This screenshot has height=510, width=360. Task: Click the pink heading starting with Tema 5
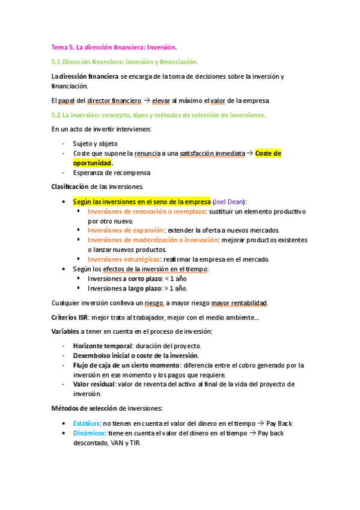coord(114,47)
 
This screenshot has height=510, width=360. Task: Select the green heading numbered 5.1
coord(124,62)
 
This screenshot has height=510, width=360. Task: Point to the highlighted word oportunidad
coord(92,163)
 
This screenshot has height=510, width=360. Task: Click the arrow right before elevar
coord(137,100)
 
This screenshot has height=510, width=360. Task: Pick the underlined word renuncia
coord(147,153)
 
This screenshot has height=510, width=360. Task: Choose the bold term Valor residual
coord(93,384)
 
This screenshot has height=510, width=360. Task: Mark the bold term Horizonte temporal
coord(101,346)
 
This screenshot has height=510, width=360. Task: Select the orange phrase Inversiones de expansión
coord(126,230)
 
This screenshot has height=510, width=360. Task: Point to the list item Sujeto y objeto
coord(95,144)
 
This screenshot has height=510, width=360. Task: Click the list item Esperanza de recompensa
coord(111,173)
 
